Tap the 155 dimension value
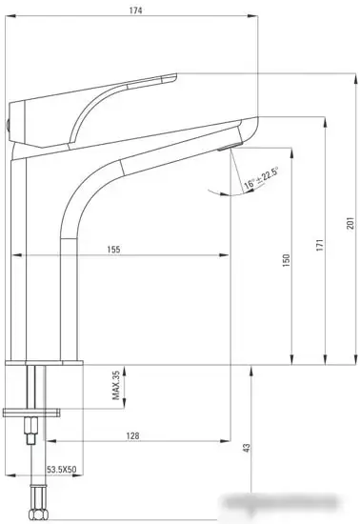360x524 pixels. coord(113,250)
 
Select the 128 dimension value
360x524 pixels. coord(132,435)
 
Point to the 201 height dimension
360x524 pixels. coord(350,222)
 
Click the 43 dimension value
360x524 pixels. coord(246,446)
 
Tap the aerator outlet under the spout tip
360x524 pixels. coord(226,148)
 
